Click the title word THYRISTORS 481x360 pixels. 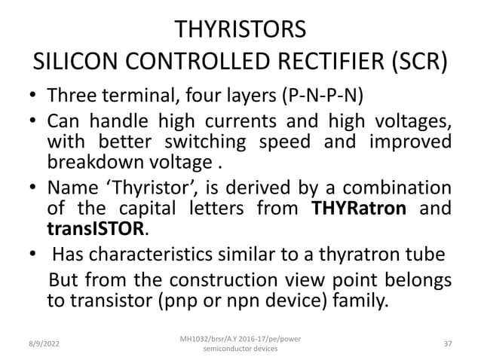(x=240, y=31)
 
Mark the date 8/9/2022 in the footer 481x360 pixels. (x=41, y=343)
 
